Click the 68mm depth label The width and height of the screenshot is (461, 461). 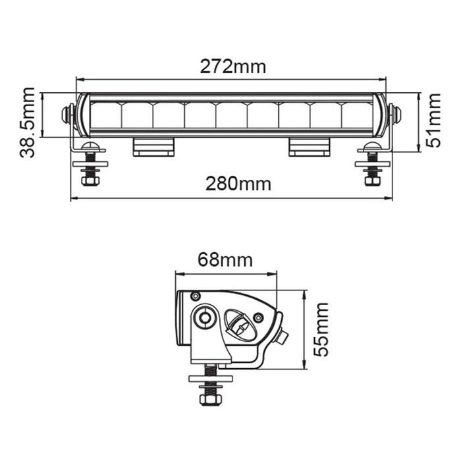[x=225, y=260]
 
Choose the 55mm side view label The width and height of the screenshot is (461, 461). [x=321, y=329]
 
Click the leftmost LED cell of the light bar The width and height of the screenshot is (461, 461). [x=105, y=115]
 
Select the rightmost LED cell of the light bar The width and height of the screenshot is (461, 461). [x=356, y=115]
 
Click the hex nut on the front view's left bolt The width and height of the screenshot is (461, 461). [x=90, y=178]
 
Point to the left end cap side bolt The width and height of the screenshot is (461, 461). [x=66, y=115]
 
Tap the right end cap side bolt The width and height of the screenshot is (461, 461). [x=396, y=115]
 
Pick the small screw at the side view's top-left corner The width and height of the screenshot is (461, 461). [x=195, y=296]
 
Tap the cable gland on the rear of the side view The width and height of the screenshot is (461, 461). [x=283, y=337]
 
